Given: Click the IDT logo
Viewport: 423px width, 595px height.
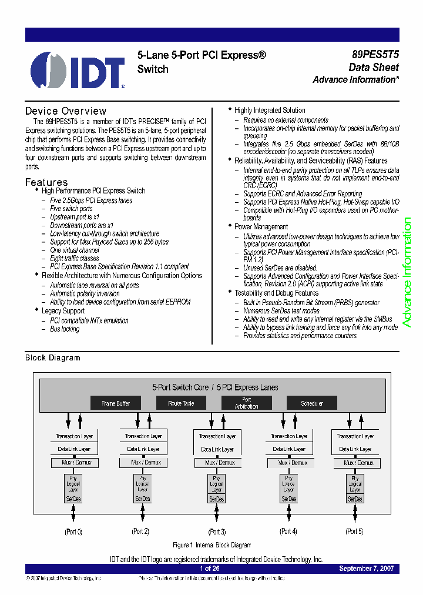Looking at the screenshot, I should tap(77, 70).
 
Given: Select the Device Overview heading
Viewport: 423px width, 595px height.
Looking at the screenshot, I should tap(66, 111).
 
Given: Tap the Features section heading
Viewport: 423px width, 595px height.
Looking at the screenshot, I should tap(46, 182).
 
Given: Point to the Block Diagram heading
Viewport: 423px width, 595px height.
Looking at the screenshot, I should tap(52, 357).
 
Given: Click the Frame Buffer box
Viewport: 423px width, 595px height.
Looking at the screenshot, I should tap(116, 403).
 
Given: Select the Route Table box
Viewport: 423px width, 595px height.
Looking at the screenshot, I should tap(181, 403).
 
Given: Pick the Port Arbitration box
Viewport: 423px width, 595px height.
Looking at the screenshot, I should tap(246, 403).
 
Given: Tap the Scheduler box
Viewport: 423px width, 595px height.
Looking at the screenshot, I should tap(311, 403).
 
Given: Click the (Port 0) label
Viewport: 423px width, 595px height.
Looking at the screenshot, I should tap(73, 532).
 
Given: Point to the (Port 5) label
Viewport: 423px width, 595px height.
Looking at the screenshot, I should tap(354, 532).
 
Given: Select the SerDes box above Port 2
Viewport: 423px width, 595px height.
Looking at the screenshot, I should tap(143, 499).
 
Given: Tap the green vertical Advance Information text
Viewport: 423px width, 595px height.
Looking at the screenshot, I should tap(407, 272).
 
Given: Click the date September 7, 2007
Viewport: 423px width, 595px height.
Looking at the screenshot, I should tap(366, 569).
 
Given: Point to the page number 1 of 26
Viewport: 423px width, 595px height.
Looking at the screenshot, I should tap(210, 569).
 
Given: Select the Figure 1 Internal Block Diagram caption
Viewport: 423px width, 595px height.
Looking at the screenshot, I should tap(211, 545).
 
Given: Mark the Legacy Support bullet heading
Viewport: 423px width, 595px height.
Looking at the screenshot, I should tap(63, 311).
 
